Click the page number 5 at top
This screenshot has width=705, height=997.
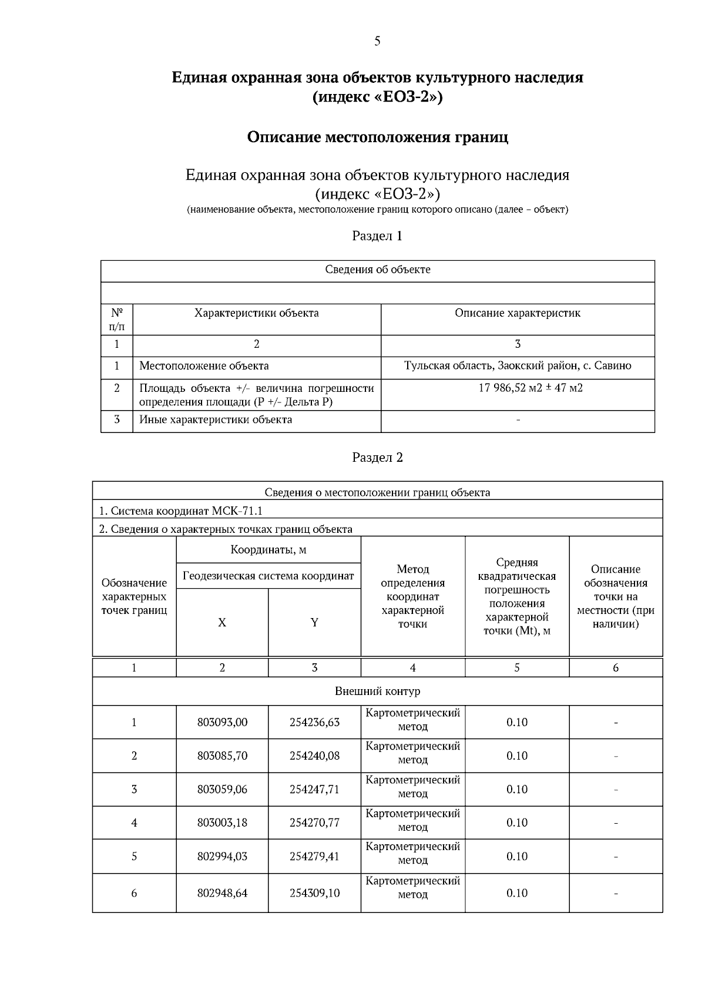tap(377, 41)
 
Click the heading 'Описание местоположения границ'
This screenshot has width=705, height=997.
tap(377, 137)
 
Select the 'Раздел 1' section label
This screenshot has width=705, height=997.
tap(377, 236)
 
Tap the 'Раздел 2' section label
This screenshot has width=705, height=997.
tap(377, 458)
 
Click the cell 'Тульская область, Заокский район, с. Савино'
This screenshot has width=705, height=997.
tap(518, 366)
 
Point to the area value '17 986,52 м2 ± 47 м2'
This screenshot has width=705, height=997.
tap(518, 388)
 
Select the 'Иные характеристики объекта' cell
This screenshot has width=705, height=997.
tap(215, 419)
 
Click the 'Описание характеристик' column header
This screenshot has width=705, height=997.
tap(518, 313)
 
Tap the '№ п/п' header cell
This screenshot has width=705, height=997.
tap(117, 319)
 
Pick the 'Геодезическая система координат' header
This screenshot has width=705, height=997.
tap(268, 576)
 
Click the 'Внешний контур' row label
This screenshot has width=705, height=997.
tap(377, 691)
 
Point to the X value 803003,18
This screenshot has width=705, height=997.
tap(222, 823)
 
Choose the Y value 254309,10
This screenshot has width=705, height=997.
tap(314, 893)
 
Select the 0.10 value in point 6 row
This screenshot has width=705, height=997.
tap(517, 893)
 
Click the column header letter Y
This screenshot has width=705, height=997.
tap(314, 623)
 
